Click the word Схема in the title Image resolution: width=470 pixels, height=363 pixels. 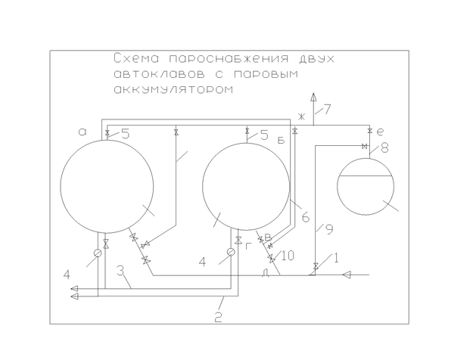click(136, 58)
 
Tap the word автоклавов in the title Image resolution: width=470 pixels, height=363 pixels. click(160, 74)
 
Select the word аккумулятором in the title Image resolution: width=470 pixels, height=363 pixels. click(173, 89)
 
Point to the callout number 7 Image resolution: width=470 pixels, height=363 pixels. click(326, 109)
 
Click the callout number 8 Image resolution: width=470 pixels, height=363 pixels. click(384, 147)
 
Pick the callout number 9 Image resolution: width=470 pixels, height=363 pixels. click(329, 229)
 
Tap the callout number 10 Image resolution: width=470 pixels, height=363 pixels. click(288, 256)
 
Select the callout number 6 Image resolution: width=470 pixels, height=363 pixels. click(306, 217)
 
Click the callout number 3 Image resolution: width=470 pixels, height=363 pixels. click(120, 271)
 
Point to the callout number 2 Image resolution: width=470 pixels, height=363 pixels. click(219, 317)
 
